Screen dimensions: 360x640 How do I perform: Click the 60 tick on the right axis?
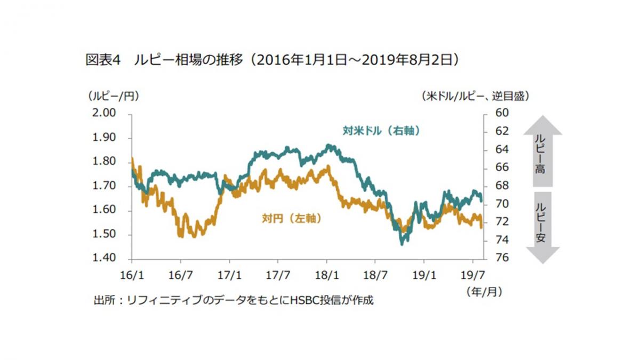(x=503, y=113)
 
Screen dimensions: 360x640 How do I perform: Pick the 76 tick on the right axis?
(x=503, y=259)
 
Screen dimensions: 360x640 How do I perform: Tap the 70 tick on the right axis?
(x=503, y=204)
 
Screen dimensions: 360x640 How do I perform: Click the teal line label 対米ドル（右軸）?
(x=380, y=130)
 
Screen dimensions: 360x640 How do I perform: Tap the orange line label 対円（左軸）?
(x=291, y=218)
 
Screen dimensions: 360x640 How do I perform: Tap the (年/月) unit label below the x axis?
(x=484, y=292)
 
